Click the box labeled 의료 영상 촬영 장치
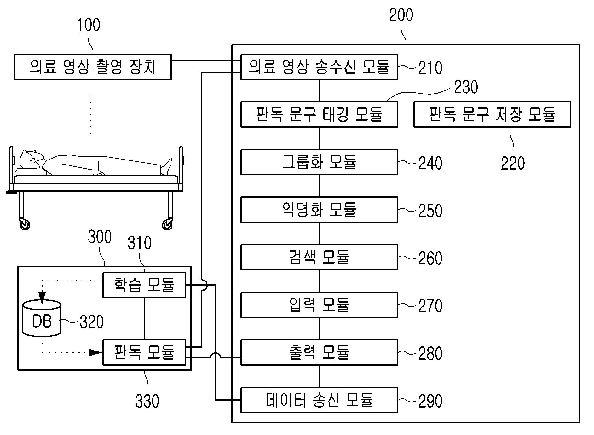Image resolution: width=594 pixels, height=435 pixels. pyautogui.click(x=93, y=67)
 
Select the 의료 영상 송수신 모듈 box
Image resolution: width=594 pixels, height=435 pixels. pyautogui.click(x=319, y=67)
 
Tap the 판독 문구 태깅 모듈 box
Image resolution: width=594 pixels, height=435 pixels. pyautogui.click(x=319, y=114)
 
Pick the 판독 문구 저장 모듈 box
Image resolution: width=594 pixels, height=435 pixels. pyautogui.click(x=492, y=114)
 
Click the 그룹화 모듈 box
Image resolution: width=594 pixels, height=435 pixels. pyautogui.click(x=319, y=162)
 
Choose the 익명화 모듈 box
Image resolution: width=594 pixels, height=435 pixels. pyautogui.click(x=319, y=210)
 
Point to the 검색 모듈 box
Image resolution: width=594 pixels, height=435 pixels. pyautogui.click(x=319, y=257)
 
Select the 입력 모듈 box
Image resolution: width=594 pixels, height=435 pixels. pyautogui.click(x=319, y=305)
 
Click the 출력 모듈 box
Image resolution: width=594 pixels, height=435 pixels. pyautogui.click(x=319, y=352)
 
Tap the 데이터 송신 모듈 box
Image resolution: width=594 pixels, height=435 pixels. pyautogui.click(x=319, y=400)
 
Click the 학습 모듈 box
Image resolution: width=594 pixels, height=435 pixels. pyautogui.click(x=144, y=285)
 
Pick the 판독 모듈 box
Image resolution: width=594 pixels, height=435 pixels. pyautogui.click(x=144, y=352)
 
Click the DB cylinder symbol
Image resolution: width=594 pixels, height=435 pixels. pyautogui.click(x=42, y=318)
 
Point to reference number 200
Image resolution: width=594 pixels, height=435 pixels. pyautogui.click(x=401, y=15)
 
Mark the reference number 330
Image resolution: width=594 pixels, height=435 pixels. pyautogui.click(x=147, y=401)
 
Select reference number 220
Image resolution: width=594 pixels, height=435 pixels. pyautogui.click(x=513, y=163)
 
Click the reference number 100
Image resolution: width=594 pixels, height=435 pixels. pyautogui.click(x=89, y=25)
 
